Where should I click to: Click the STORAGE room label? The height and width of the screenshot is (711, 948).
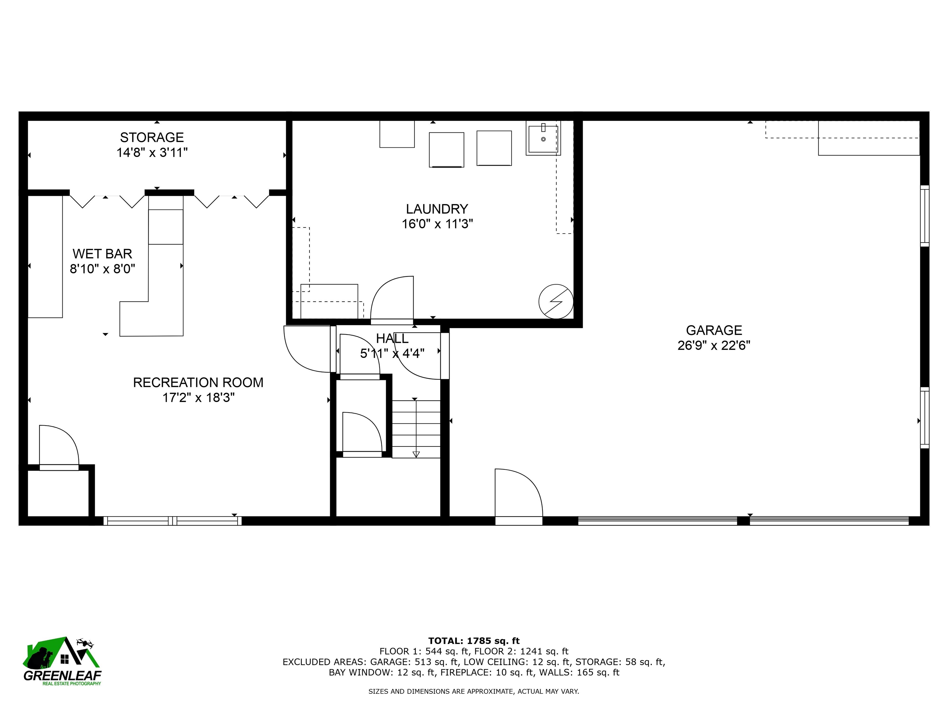(152, 138)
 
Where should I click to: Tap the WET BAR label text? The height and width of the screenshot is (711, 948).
(102, 254)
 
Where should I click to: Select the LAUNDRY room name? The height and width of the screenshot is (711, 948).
(437, 209)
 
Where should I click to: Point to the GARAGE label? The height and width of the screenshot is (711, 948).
(714, 331)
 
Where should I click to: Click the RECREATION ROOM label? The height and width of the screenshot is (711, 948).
(198, 383)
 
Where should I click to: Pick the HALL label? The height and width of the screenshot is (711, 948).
(392, 339)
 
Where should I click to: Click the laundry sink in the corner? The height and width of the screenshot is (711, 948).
(543, 138)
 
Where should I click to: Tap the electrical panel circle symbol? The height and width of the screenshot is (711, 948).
(556, 301)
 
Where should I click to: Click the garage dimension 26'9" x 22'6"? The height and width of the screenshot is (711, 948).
(714, 345)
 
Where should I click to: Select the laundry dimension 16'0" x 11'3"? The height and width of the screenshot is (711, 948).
(437, 224)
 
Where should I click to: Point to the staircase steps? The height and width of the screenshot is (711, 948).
(416, 429)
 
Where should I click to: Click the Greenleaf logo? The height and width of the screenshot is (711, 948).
(63, 661)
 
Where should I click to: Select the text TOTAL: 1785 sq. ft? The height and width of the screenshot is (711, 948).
(474, 641)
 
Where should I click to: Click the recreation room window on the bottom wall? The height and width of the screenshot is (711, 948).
(172, 521)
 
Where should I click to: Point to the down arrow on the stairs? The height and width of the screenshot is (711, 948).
(416, 454)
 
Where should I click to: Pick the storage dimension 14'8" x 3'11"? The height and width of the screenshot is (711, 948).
(152, 152)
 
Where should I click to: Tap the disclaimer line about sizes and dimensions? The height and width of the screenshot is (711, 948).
(474, 691)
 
